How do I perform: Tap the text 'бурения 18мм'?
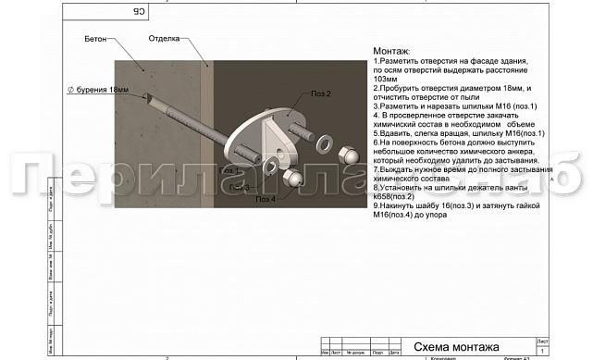point(103,90)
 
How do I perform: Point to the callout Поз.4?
point(266,199)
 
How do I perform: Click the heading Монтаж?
point(391,51)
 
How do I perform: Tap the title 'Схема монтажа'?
point(451,346)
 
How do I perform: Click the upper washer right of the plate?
point(325,144)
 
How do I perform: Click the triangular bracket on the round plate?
point(277,136)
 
